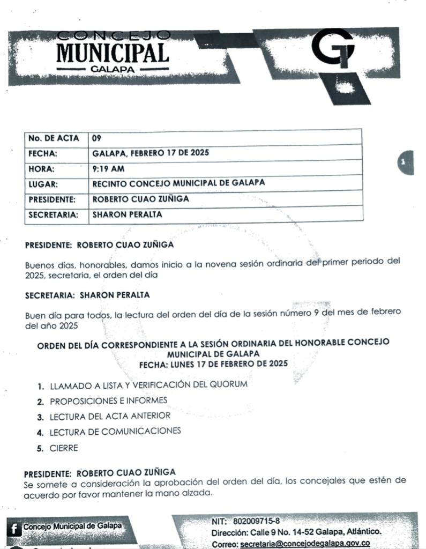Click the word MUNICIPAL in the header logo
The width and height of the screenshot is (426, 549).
(x=113, y=53)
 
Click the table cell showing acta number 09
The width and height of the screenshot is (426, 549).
(x=97, y=138)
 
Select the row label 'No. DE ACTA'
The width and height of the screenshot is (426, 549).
(x=54, y=138)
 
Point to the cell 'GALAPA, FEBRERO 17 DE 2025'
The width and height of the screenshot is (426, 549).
(x=151, y=153)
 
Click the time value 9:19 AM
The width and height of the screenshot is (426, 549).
(x=108, y=168)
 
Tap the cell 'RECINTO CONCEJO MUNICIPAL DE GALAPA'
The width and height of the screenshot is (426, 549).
(x=178, y=183)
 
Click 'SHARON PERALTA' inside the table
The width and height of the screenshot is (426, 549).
(x=127, y=214)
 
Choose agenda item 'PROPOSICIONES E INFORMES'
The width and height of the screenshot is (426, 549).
(x=108, y=400)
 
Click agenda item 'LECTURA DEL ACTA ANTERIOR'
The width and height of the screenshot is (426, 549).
(x=110, y=416)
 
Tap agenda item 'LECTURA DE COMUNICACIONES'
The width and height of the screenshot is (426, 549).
(x=115, y=431)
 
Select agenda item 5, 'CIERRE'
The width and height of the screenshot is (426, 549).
(x=64, y=448)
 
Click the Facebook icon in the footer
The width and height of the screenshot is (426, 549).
(x=14, y=528)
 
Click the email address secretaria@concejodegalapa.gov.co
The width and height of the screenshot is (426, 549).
(x=305, y=543)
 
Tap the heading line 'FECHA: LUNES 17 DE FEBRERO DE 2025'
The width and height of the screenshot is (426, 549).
(x=213, y=363)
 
